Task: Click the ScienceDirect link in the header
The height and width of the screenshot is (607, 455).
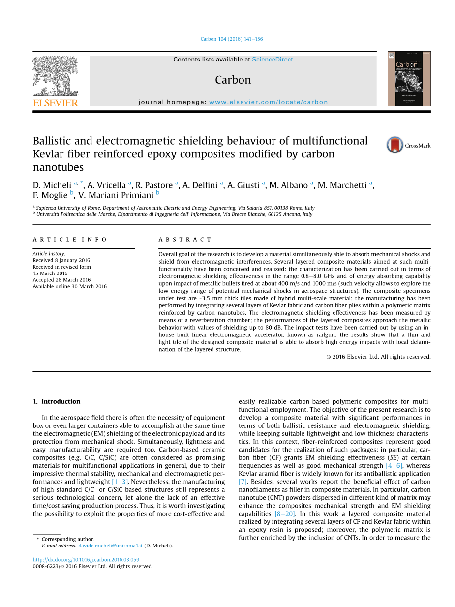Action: [x=272, y=60]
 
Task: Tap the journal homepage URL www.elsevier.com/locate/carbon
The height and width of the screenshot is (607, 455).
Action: [x=268, y=102]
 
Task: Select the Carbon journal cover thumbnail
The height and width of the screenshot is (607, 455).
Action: [x=409, y=79]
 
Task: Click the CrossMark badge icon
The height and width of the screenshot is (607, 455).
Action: [x=395, y=145]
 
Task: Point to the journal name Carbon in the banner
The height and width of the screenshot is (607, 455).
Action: [x=233, y=80]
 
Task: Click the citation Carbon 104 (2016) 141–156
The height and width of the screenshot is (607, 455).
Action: [x=232, y=39]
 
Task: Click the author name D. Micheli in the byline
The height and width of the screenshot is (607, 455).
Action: [x=52, y=185]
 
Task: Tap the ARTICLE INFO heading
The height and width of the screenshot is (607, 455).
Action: [x=70, y=240]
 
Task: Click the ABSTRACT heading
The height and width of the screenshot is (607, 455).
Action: [x=185, y=240]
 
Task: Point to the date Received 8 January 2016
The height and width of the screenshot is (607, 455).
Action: [x=61, y=260]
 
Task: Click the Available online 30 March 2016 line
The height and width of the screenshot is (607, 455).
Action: [x=69, y=286]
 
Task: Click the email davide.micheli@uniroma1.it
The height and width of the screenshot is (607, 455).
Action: [x=110, y=546]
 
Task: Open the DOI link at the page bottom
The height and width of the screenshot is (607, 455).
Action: [x=86, y=560]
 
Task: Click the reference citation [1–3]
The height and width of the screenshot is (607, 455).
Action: [x=121, y=482]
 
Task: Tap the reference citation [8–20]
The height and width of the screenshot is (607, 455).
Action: [x=285, y=514]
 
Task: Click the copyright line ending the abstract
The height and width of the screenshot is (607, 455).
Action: [x=378, y=357]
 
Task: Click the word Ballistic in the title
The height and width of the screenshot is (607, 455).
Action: [x=52, y=141]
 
